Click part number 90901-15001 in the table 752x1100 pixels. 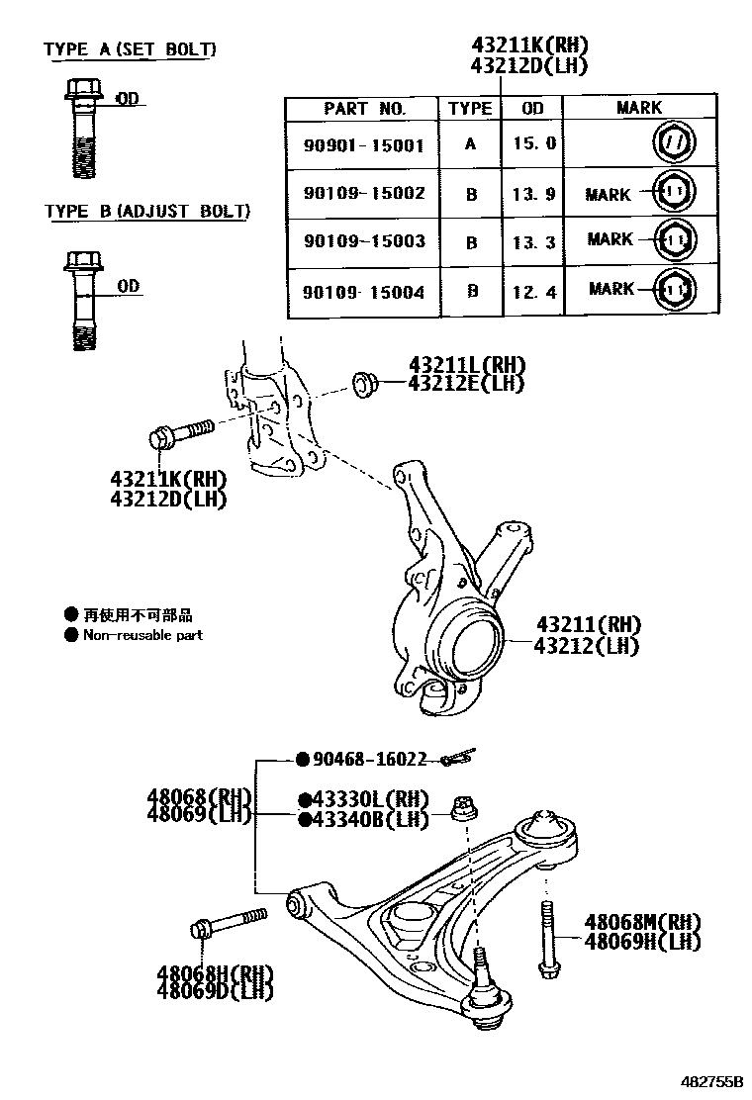(x=363, y=145)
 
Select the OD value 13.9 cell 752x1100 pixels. (x=534, y=194)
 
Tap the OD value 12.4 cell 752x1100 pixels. (x=534, y=291)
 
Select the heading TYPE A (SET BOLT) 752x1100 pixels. (x=130, y=49)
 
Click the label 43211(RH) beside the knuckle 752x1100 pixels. (x=588, y=625)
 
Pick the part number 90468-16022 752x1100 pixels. (x=369, y=760)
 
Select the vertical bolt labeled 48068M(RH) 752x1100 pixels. (x=546, y=941)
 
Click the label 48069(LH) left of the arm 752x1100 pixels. (x=199, y=816)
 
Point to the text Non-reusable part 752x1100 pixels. (x=142, y=635)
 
